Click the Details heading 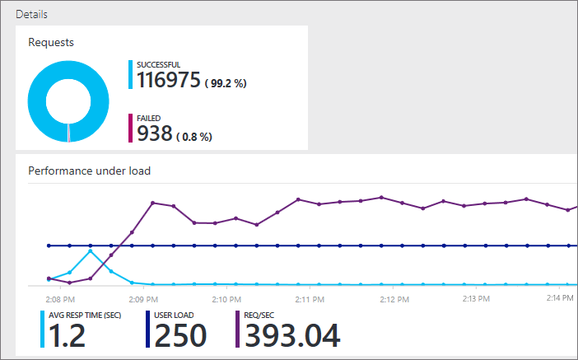(31, 15)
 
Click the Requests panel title (51, 42)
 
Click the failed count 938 (154, 133)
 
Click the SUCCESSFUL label (158, 64)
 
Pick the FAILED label (148, 118)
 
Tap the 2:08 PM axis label (63, 298)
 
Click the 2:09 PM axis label (144, 298)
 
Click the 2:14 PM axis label (561, 298)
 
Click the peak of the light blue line (91, 250)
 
